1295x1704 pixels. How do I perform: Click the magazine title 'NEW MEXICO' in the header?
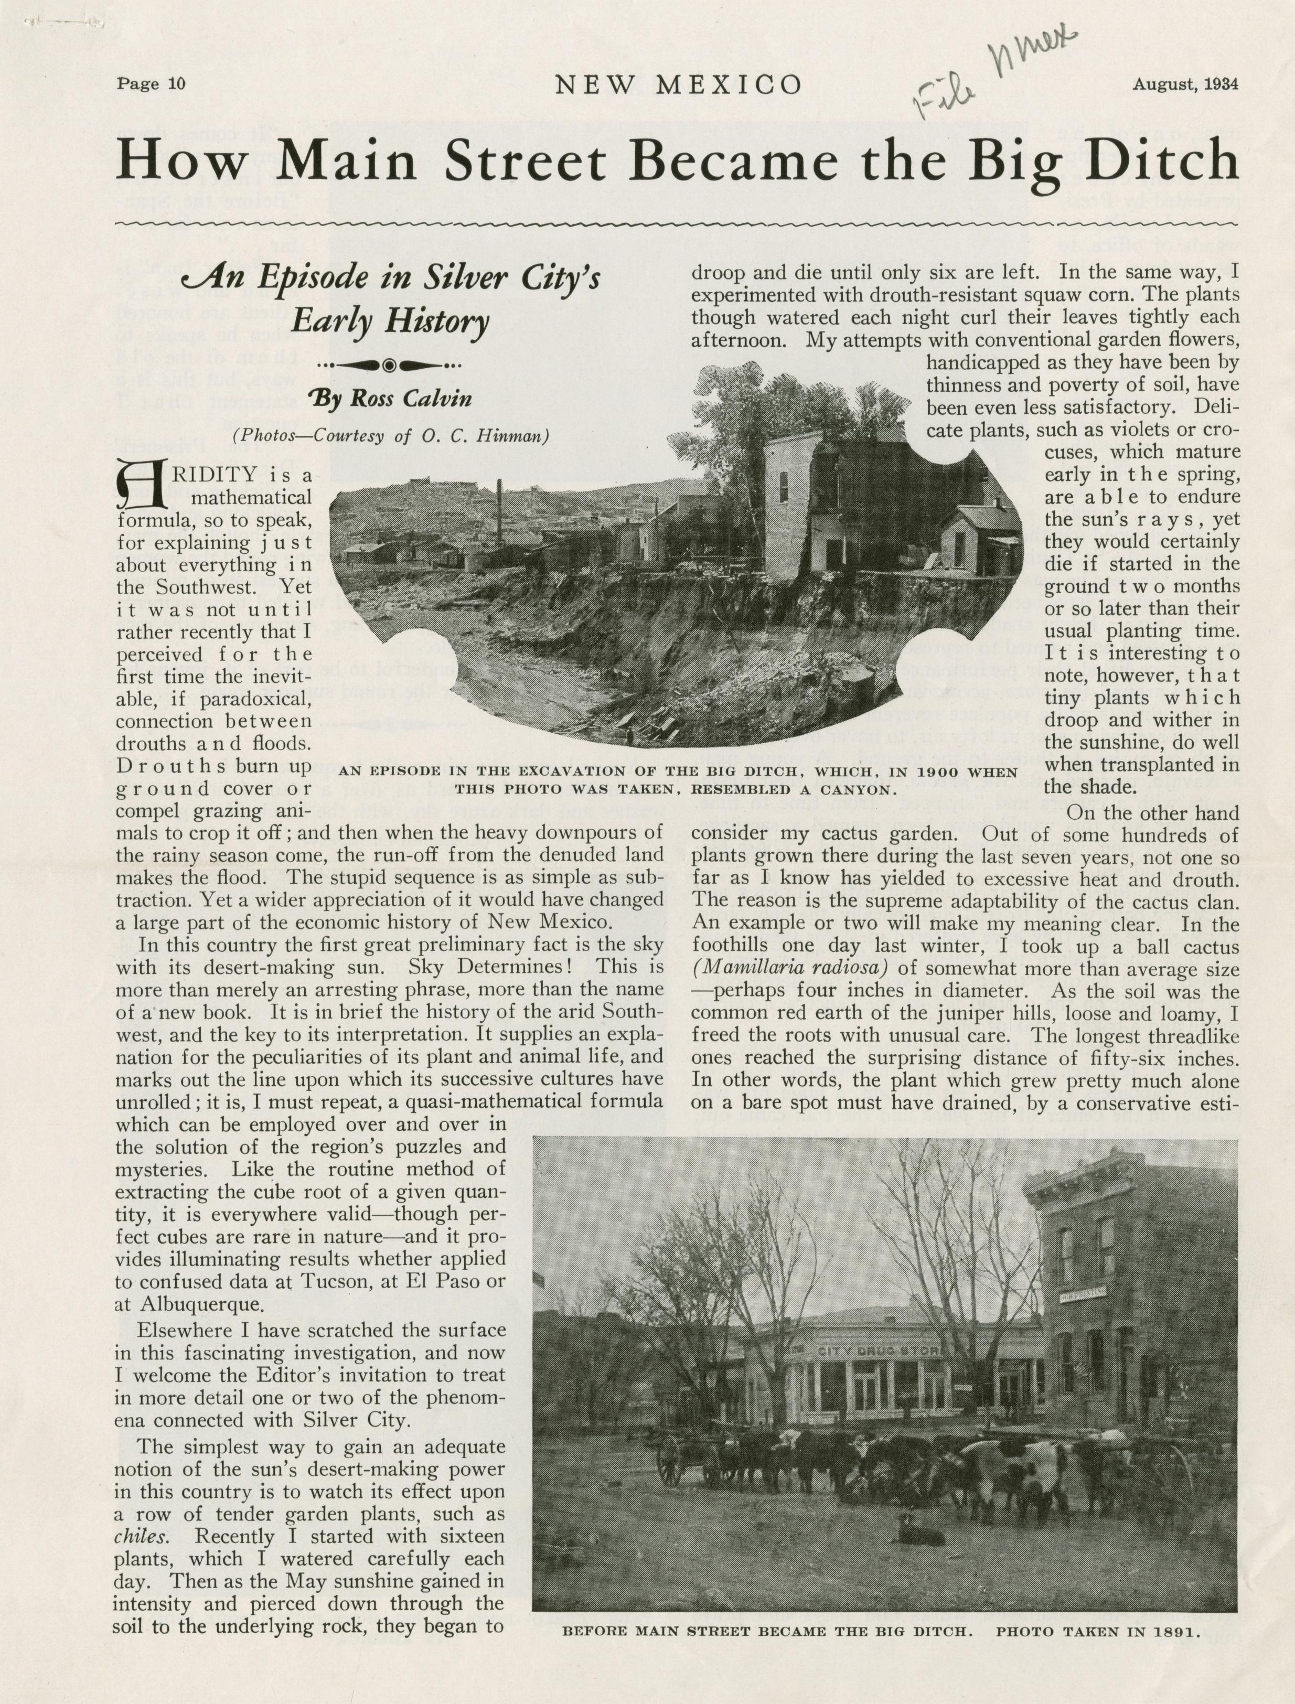coord(678,85)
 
